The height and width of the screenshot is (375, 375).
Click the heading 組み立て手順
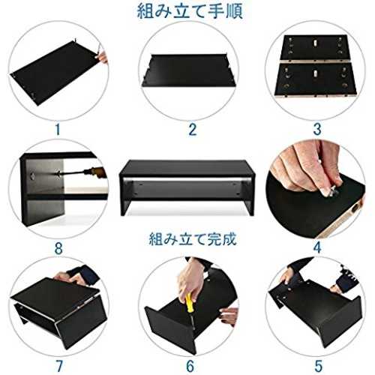(190, 11)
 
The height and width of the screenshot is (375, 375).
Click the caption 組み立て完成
(193, 238)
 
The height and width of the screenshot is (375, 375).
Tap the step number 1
(58, 129)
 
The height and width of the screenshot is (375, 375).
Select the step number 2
(192, 129)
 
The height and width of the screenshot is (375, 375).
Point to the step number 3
(317, 129)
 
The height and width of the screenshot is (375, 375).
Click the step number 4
(317, 247)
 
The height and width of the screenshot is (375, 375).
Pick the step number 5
(318, 366)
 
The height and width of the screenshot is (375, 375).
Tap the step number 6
(190, 366)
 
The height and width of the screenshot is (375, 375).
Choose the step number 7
(59, 366)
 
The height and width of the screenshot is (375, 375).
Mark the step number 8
(58, 248)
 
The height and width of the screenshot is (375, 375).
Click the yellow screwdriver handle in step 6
(189, 303)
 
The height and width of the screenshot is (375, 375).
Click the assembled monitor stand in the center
(187, 187)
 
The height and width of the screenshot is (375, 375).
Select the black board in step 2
(189, 70)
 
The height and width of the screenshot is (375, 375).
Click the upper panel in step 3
(314, 47)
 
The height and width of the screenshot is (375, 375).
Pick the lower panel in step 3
(315, 79)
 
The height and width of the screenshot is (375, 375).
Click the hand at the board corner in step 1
(102, 55)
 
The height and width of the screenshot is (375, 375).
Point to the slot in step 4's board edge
(354, 208)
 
